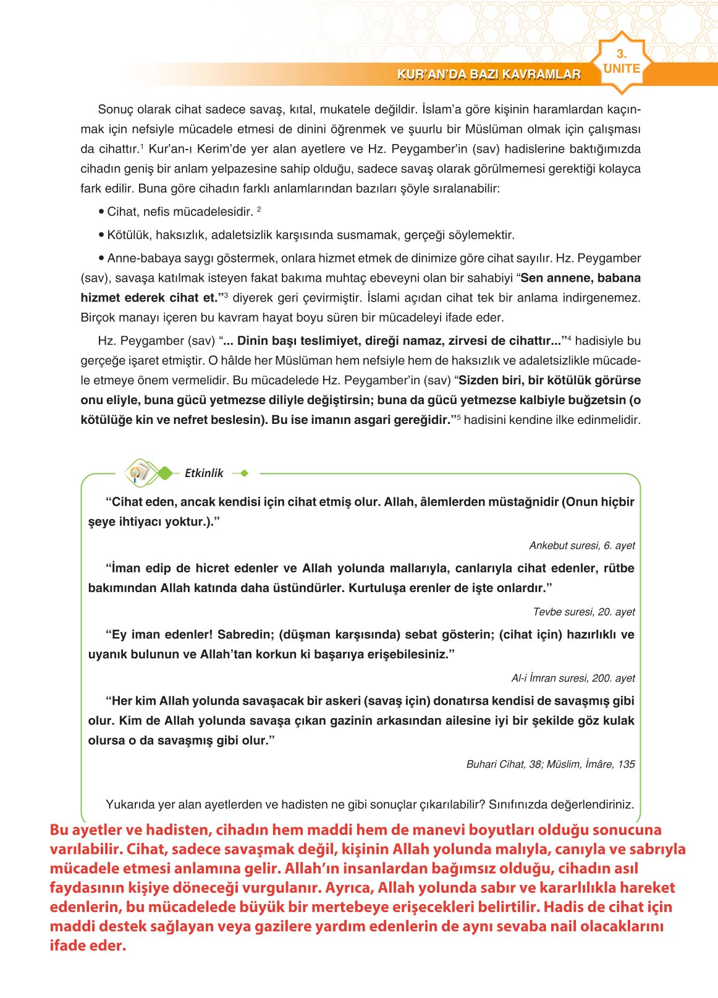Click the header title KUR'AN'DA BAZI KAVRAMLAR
[489, 75]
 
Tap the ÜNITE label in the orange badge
[621, 69]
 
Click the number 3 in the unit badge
[621, 54]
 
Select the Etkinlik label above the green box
[204, 473]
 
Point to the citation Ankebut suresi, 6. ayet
[581, 546]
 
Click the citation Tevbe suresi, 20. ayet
[583, 612]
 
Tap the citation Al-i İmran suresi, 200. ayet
[573, 678]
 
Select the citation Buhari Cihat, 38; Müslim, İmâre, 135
[550, 764]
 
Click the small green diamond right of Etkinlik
[244, 473]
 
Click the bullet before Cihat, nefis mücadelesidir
[101, 212]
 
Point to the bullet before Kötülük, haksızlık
[101, 235]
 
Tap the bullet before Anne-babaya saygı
[101, 258]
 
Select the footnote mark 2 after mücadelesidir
[259, 209]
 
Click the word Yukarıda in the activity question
[128, 805]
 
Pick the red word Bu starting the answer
[59, 830]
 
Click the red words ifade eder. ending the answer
[87, 945]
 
